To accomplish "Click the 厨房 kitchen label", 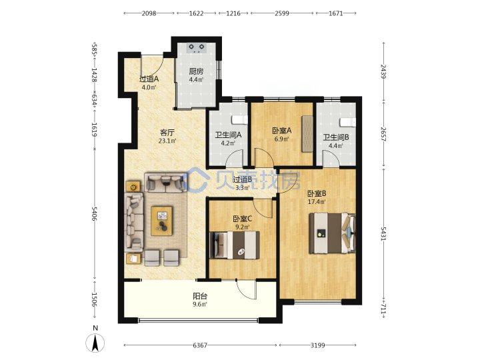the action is click(196, 71).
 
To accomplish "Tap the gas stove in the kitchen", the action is click(197, 48).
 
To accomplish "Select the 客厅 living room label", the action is click(167, 133).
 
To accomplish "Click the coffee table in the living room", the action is click(161, 221).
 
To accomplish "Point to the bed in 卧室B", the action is click(333, 233).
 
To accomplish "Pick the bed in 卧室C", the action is click(235, 245).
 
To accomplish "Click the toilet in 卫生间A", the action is click(240, 120).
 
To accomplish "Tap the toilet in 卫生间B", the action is click(348, 122).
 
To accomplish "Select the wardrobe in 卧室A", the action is click(307, 133).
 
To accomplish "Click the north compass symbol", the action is click(95, 340).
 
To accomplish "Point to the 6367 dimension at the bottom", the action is click(200, 345).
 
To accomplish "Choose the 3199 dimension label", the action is click(318, 345).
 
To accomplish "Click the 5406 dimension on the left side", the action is click(94, 214).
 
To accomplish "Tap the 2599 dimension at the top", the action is click(281, 13).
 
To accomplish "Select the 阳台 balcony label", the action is click(200, 296).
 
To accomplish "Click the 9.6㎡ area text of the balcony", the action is click(200, 304).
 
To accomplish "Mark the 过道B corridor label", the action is click(243, 180).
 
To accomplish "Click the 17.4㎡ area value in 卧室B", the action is click(317, 202).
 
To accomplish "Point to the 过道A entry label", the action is click(149, 79).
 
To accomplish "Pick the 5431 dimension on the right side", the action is click(383, 233).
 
